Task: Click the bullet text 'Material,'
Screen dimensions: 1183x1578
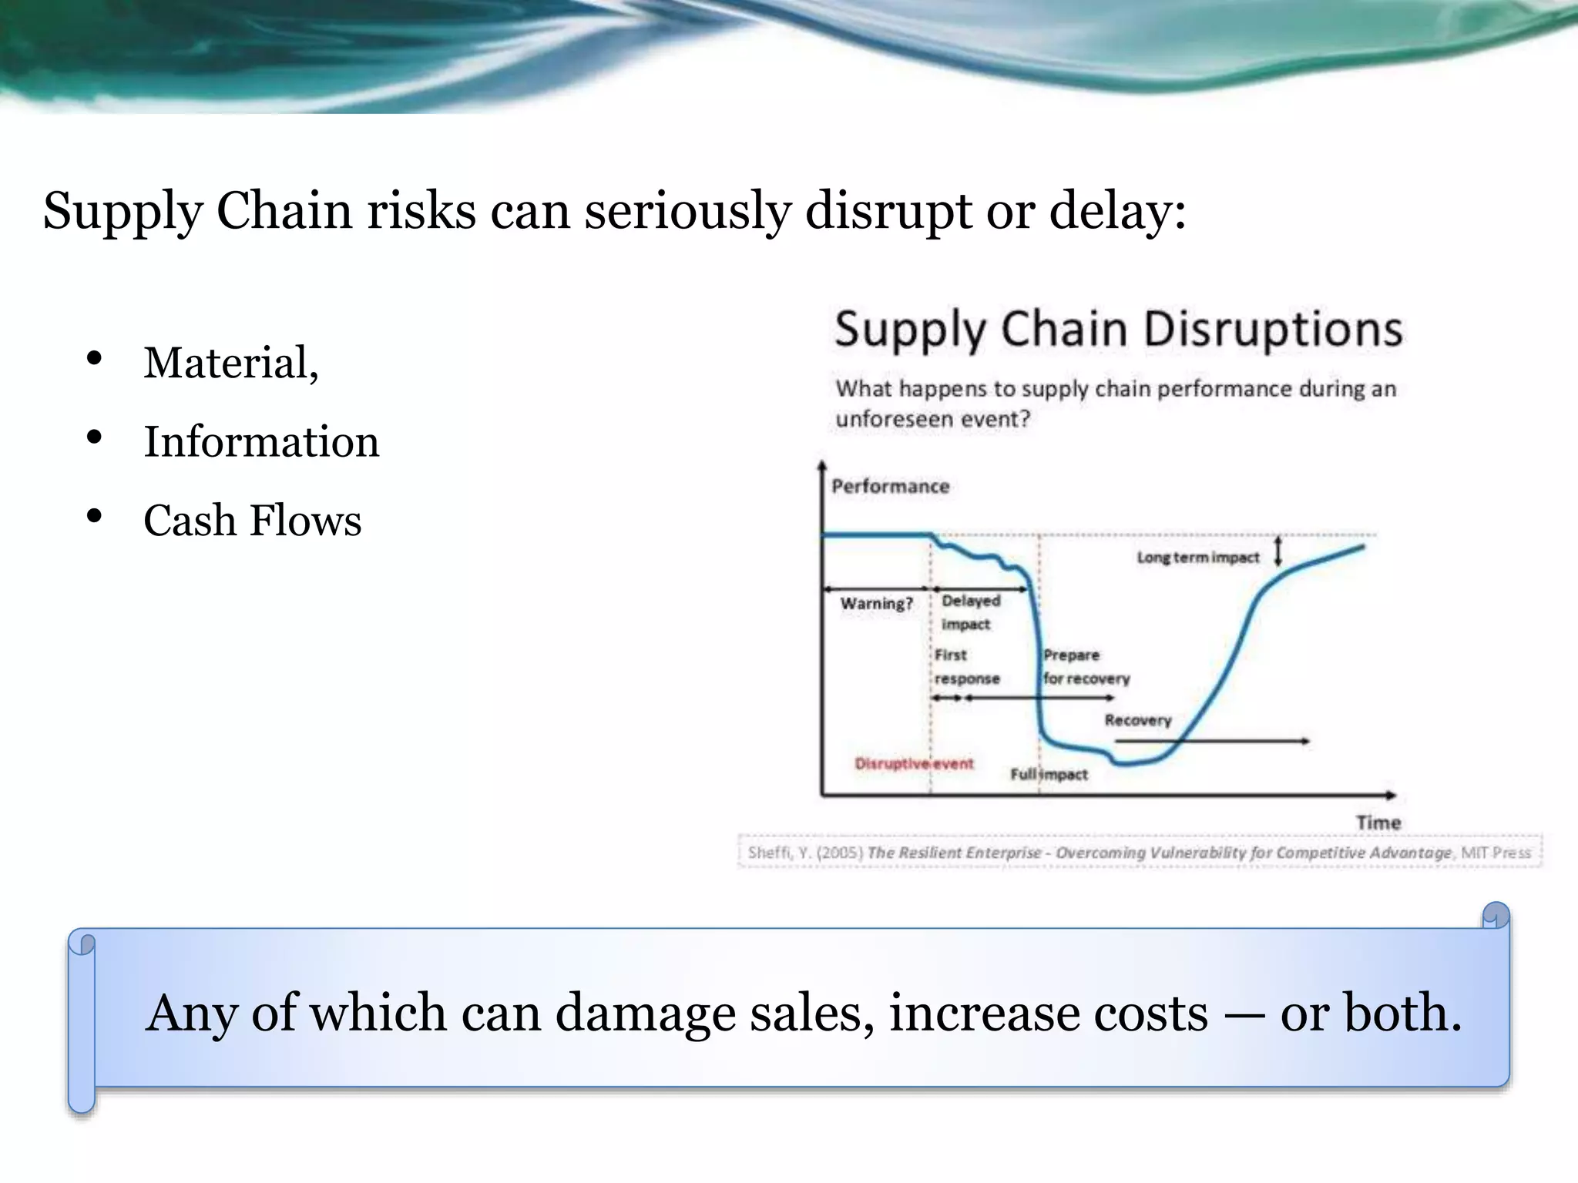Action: pyautogui.click(x=231, y=363)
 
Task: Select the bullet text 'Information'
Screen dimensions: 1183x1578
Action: pyautogui.click(x=261, y=442)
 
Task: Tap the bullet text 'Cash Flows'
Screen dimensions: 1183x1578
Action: pyautogui.click(x=252, y=521)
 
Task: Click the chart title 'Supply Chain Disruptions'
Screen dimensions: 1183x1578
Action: pyautogui.click(x=1118, y=330)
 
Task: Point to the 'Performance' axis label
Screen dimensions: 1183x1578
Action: pyautogui.click(x=890, y=487)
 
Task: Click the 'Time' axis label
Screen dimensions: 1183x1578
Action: pyautogui.click(x=1378, y=823)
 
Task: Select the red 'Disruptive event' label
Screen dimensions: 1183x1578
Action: pyautogui.click(x=914, y=764)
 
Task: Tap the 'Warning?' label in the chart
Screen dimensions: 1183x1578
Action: pyautogui.click(x=876, y=604)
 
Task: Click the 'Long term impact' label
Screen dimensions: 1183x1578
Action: pyautogui.click(x=1197, y=558)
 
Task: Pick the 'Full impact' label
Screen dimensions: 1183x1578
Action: pyautogui.click(x=1049, y=775)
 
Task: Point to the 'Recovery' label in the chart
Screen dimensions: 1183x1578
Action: pyautogui.click(x=1137, y=720)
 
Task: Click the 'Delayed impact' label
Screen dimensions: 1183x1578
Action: pyautogui.click(x=969, y=612)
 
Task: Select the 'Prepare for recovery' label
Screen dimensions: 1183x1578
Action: pyautogui.click(x=1086, y=667)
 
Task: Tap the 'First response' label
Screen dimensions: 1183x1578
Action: pyautogui.click(x=966, y=667)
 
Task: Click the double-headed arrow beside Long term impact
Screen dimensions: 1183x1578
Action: pyautogui.click(x=1278, y=551)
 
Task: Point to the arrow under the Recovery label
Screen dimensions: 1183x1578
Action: pyautogui.click(x=1211, y=741)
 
